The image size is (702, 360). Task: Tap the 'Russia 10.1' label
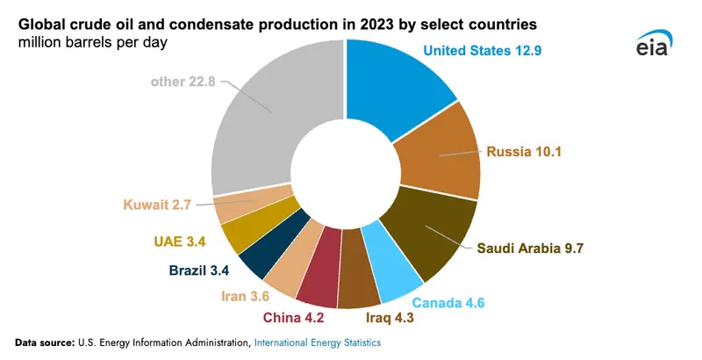[525, 151]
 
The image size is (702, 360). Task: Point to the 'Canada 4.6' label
[473, 304]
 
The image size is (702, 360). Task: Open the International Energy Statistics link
[318, 342]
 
